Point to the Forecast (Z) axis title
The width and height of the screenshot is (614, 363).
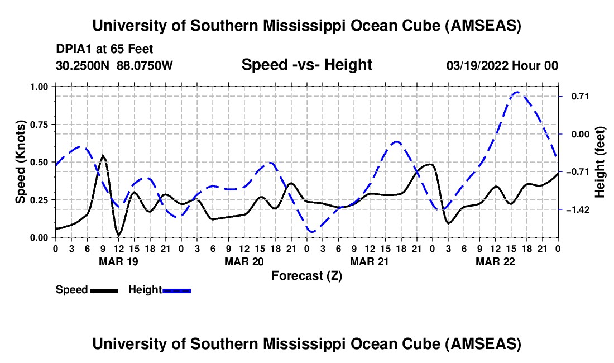click(306, 275)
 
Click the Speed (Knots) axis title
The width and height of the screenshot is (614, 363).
click(21, 162)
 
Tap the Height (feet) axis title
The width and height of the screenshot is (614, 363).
click(600, 162)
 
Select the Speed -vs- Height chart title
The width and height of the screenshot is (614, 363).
click(306, 65)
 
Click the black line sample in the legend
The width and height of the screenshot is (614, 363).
click(104, 290)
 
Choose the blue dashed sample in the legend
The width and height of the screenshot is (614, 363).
click(177, 290)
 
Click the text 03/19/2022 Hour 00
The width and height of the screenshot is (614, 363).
click(502, 65)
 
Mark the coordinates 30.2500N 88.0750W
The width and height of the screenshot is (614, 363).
click(114, 65)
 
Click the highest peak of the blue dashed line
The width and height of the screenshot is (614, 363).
click(517, 92)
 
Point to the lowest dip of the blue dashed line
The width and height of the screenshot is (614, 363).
click(311, 231)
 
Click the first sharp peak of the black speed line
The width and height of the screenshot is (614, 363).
click(103, 156)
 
